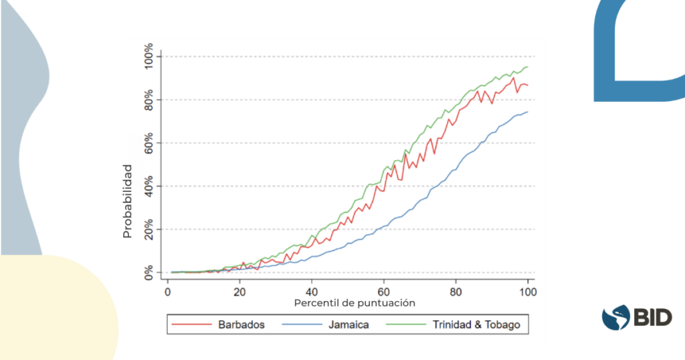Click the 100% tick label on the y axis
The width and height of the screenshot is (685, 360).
[144, 56]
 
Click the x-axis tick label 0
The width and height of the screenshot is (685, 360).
[167, 292]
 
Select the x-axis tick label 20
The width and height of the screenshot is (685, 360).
[239, 292]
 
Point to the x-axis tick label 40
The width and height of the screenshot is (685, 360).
[312, 292]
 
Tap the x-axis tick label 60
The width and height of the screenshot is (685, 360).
[383, 292]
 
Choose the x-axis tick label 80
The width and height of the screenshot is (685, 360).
[456, 292]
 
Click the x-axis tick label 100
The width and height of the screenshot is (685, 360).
[527, 292]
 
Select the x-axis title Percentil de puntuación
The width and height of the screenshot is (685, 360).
[355, 303]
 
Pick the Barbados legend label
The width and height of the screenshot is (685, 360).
[241, 325]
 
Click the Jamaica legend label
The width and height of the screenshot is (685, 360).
[349, 325]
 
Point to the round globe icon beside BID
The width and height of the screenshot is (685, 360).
[616, 317]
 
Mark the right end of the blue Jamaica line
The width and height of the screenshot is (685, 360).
[528, 112]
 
